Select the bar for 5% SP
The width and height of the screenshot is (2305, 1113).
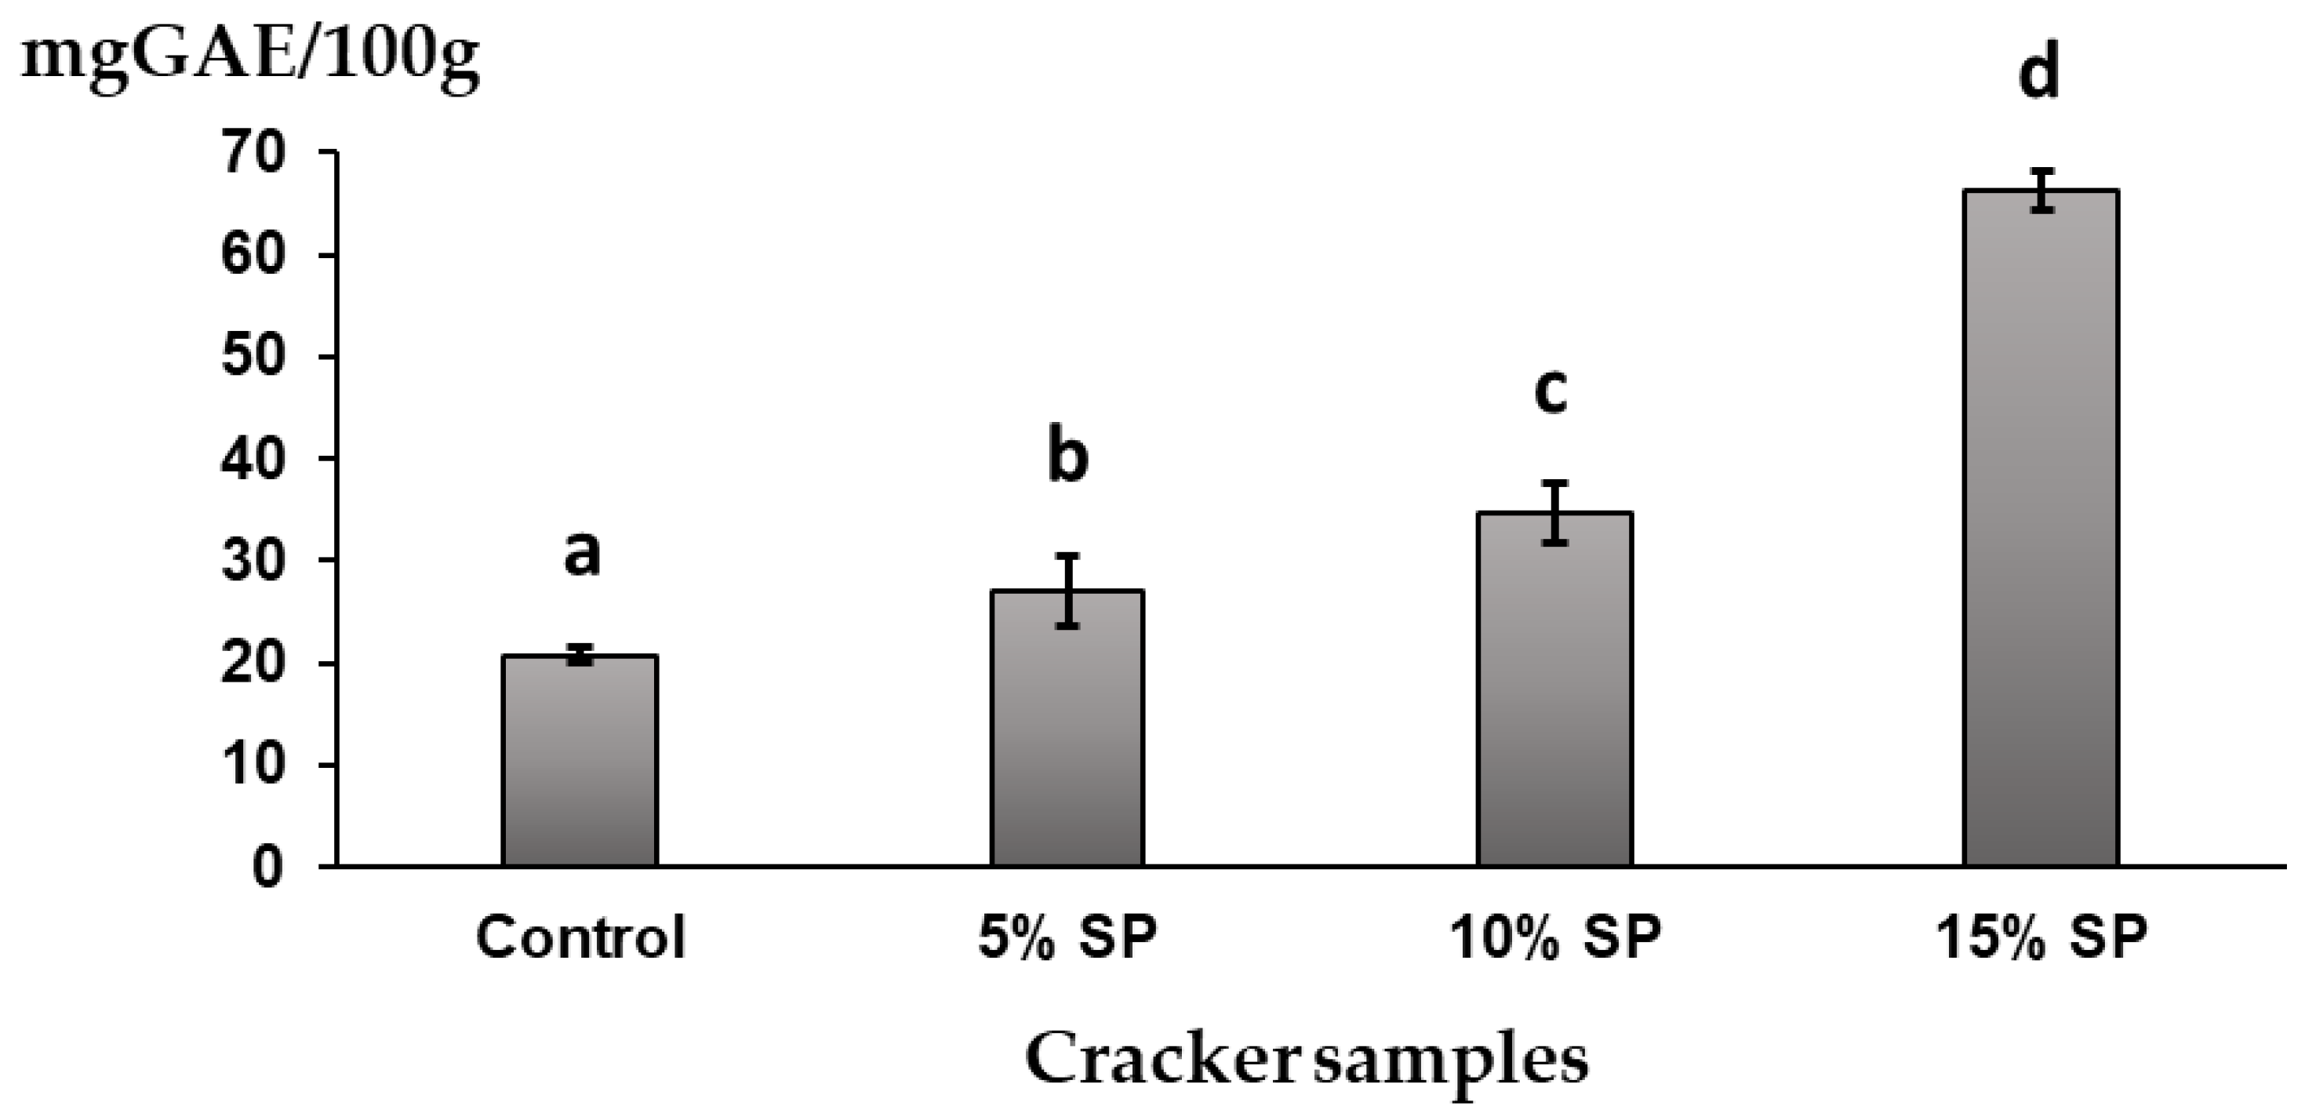[1067, 730]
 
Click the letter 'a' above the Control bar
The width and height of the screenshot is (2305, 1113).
[582, 554]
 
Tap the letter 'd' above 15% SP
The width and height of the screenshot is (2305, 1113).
[2039, 72]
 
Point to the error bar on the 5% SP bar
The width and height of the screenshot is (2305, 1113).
[1067, 591]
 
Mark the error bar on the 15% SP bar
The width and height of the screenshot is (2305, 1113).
[2041, 190]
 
